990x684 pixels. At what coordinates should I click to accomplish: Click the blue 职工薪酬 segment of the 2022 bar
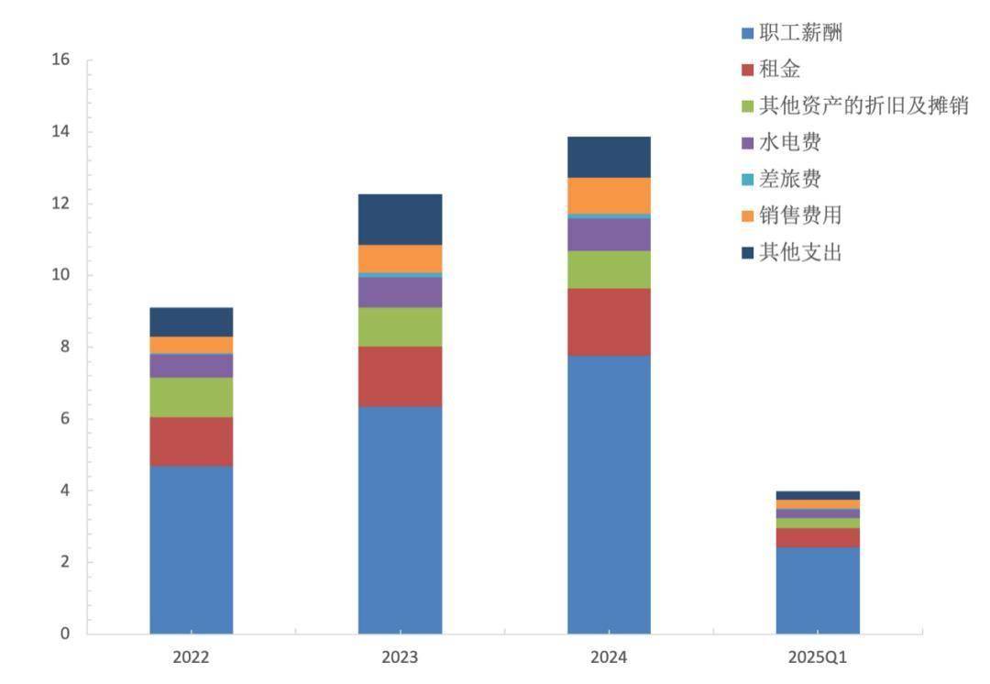coord(191,549)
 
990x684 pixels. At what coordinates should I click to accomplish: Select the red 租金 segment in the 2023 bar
coord(400,376)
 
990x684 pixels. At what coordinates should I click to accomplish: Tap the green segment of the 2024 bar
coord(609,270)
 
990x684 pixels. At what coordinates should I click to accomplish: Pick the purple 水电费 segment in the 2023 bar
coord(400,292)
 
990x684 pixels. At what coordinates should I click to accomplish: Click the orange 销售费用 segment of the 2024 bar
coord(609,195)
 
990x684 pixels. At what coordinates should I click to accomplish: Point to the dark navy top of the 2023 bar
coord(400,219)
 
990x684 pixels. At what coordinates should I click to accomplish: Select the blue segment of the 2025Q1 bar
coord(818,590)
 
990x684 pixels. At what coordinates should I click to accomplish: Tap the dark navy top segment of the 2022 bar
coord(191,322)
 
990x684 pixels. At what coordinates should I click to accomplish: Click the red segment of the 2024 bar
coord(609,322)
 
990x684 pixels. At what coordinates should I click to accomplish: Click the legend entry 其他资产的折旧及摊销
coord(863,106)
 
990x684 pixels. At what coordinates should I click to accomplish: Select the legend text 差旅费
coord(789,179)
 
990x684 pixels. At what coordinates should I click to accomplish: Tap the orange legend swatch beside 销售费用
coord(747,216)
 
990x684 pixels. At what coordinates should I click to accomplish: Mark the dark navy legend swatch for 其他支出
coord(747,253)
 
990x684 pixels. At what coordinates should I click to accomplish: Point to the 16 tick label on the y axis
coord(61,60)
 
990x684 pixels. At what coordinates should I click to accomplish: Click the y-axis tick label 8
coord(65,347)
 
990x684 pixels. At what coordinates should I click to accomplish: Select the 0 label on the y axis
coord(65,634)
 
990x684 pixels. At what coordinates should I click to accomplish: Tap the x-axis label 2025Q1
coord(818,658)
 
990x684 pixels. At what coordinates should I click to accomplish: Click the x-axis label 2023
coord(400,658)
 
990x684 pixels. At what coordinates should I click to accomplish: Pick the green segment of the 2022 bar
coord(191,397)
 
